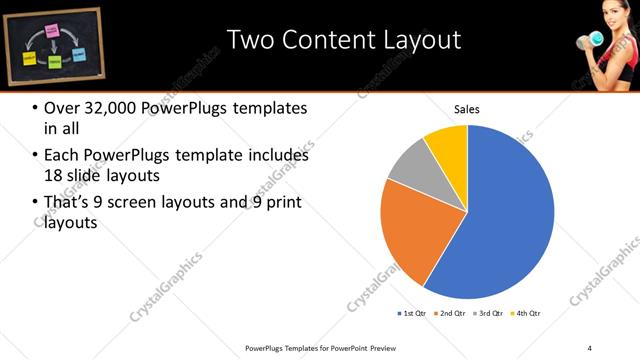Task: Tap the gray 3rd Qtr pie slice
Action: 408,169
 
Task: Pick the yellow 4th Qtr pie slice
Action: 448,144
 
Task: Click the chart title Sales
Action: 468,109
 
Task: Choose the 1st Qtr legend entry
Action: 411,314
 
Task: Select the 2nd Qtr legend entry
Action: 452,314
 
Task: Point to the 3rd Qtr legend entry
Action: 491,314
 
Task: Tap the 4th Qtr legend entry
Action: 527,314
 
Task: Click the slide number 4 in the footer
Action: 590,348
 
